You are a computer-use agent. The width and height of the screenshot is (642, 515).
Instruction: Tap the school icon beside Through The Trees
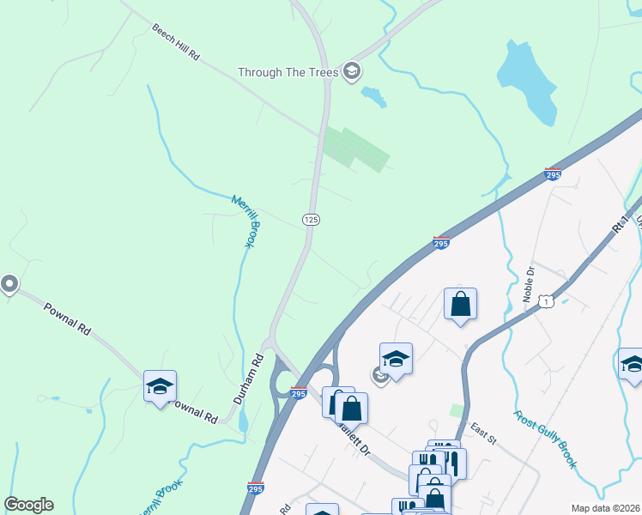[351, 70]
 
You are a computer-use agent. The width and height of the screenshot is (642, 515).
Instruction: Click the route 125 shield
[312, 221]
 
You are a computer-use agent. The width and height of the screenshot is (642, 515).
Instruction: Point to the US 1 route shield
[546, 301]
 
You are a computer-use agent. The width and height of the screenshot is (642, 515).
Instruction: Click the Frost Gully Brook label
[545, 439]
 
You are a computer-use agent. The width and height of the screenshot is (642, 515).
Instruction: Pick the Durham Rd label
[248, 379]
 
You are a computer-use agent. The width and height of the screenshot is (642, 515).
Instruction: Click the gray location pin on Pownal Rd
[9, 283]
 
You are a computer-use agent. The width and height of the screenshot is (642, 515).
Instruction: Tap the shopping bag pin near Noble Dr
[460, 304]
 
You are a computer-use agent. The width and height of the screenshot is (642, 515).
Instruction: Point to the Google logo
[28, 505]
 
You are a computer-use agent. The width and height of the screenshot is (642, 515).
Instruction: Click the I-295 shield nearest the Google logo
[256, 488]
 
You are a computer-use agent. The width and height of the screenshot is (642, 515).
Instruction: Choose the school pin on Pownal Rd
[160, 386]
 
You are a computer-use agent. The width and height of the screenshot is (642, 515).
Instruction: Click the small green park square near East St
[457, 410]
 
